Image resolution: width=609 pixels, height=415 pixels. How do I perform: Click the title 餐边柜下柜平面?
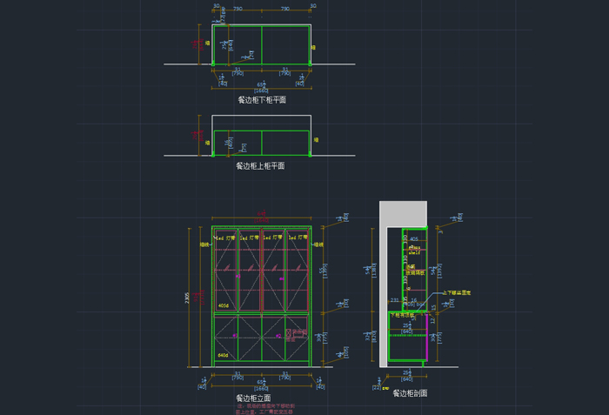point(261,100)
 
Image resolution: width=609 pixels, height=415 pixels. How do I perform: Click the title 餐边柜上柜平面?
point(261,165)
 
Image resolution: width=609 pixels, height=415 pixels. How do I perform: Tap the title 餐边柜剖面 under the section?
point(409,393)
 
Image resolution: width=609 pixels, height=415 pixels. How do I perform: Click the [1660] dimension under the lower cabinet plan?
point(261,91)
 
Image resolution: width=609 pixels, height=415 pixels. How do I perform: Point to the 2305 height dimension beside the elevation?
point(187,297)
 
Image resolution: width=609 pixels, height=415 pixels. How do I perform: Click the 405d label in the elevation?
point(224,306)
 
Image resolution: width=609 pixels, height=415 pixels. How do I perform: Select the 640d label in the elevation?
point(224,357)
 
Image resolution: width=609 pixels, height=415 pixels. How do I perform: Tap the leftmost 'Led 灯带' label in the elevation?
point(224,237)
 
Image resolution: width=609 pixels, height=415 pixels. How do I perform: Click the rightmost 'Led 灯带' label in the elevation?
point(298,237)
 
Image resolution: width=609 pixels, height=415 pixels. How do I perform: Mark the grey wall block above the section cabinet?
point(403,213)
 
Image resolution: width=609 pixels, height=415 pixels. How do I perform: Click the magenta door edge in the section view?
point(425,339)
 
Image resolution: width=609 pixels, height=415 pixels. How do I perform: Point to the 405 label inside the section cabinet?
point(413,238)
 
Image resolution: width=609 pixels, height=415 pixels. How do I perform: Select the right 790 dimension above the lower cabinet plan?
point(285,9)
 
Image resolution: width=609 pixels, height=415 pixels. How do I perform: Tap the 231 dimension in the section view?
point(394,300)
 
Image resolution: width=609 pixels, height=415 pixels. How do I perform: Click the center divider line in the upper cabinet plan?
point(262,143)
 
